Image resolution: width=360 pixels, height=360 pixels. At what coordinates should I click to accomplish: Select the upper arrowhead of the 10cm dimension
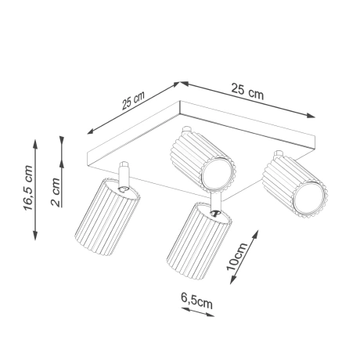(x=257, y=231)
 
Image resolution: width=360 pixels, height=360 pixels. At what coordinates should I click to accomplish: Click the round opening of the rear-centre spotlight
(x=217, y=175)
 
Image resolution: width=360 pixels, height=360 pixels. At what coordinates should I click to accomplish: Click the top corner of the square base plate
(x=181, y=82)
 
